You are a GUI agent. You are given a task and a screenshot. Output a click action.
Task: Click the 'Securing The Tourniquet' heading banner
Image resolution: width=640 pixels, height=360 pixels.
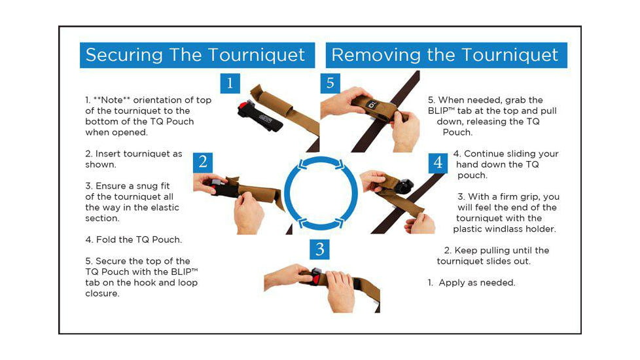point(197,55)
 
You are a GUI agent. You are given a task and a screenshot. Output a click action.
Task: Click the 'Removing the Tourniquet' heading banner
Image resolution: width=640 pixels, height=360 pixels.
point(446,55)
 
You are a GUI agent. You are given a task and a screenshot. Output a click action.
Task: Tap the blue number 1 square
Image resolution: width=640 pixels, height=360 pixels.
point(230,83)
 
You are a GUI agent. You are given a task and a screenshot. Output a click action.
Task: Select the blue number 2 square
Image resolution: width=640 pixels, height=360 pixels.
point(203,162)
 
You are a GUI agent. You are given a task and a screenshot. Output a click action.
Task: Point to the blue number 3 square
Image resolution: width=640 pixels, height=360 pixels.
point(319,249)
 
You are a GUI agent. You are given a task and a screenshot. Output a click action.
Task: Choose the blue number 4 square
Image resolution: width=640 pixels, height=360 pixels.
point(438,163)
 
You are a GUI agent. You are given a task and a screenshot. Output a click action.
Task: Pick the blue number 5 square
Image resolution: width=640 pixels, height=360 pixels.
point(330,83)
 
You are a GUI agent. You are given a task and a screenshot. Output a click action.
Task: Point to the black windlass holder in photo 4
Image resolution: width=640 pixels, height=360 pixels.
point(403,187)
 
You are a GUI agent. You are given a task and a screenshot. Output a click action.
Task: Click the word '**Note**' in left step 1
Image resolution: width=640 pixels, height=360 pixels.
point(112,100)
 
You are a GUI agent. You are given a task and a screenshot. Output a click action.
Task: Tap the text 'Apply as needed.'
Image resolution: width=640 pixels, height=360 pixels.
point(477,283)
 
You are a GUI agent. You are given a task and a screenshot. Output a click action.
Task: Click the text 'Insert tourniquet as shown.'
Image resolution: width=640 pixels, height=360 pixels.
point(134,159)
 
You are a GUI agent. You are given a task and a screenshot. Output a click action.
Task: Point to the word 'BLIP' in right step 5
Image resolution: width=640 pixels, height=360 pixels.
point(438,111)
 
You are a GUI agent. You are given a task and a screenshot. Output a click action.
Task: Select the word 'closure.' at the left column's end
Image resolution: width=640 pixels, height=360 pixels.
point(103,293)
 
